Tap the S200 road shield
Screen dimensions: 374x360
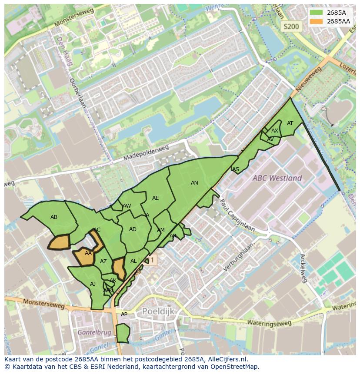(x=291, y=26)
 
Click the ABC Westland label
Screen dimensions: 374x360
(x=277, y=178)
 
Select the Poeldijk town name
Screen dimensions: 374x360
(x=158, y=311)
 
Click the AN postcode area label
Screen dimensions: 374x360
(x=194, y=183)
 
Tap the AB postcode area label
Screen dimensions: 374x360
(x=54, y=217)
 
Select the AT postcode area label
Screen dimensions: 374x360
(x=290, y=123)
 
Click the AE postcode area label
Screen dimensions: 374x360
(x=155, y=198)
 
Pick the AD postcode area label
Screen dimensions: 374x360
(x=133, y=229)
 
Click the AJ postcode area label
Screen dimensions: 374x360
(x=93, y=284)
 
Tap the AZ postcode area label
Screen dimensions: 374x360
(x=103, y=261)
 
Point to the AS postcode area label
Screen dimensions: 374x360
(x=236, y=169)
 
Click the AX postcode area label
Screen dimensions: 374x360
(x=274, y=131)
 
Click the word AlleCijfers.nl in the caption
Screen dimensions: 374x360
(x=226, y=359)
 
